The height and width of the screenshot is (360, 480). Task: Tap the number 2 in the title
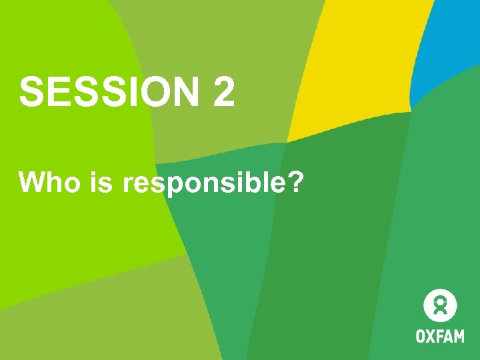(224, 91)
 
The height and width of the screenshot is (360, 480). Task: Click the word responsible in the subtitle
(201, 183)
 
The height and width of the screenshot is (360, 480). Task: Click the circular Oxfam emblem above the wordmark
(440, 306)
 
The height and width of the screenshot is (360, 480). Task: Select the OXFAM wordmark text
(440, 335)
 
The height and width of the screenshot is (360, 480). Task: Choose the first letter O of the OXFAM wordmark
(421, 335)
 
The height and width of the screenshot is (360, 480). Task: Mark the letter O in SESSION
(157, 91)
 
